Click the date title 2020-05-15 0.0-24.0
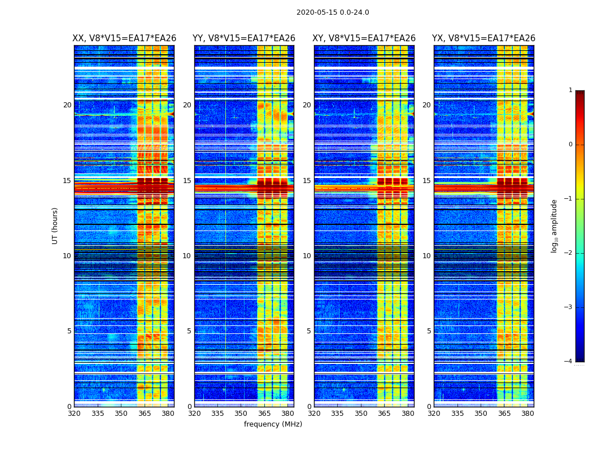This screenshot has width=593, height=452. [333, 12]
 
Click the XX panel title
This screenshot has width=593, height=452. [124, 38]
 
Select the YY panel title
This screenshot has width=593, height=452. [244, 38]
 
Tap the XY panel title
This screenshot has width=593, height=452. [364, 38]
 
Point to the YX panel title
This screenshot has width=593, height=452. [484, 38]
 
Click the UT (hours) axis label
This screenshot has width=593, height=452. [55, 225]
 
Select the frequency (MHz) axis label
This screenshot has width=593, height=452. [273, 424]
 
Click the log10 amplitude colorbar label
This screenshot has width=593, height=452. [555, 225]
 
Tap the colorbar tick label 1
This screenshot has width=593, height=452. [570, 90]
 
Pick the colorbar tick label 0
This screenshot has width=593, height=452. [570, 145]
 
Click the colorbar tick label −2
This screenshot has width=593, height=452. [569, 253]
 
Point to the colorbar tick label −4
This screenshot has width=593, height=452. [569, 362]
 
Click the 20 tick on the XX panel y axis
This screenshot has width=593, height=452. [67, 105]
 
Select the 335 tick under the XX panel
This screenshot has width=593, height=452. [98, 414]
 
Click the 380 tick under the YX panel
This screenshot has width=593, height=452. [527, 414]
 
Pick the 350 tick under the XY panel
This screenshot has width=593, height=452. [361, 414]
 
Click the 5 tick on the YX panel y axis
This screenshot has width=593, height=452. [429, 331]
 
